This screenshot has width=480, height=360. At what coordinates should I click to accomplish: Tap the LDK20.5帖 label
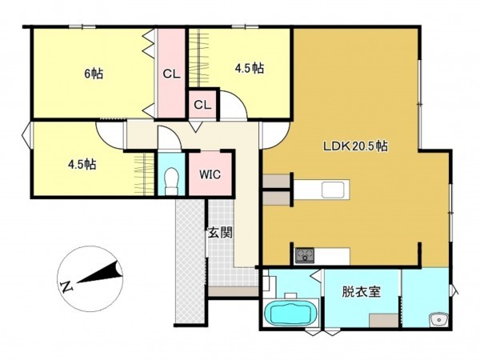(355, 147)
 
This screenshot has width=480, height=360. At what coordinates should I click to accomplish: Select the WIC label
(210, 174)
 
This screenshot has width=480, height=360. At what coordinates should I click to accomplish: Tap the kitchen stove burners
(305, 256)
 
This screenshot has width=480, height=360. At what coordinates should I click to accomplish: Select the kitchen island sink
(333, 190)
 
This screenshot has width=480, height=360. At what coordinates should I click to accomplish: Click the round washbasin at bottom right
(438, 321)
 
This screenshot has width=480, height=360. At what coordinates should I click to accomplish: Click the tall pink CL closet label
(171, 74)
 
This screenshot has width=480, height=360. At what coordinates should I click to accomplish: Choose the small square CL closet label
(202, 105)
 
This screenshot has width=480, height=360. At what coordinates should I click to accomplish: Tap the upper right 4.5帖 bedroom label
(249, 69)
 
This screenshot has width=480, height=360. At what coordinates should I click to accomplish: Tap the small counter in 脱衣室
(383, 319)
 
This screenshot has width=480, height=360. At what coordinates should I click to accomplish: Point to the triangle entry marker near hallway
(196, 128)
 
